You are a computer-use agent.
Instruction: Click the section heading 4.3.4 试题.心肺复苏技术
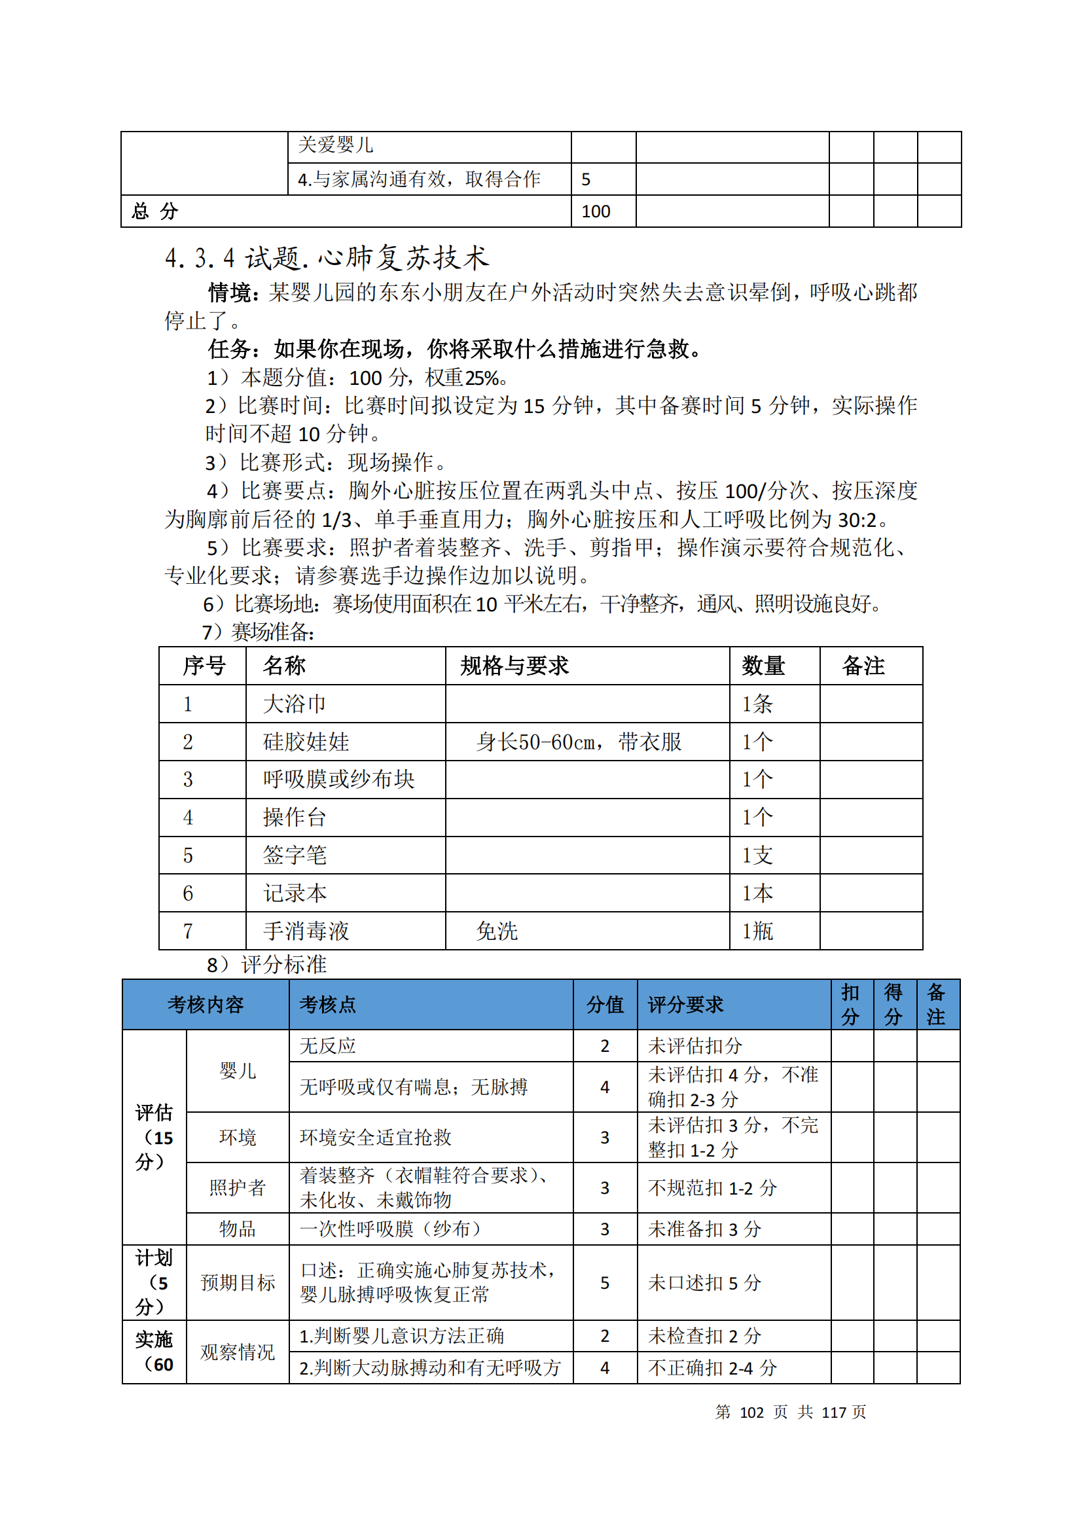pyautogui.click(x=327, y=259)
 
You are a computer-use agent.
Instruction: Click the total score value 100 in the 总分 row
pyautogui.click(x=596, y=211)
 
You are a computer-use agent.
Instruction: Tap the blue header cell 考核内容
pyautogui.click(x=206, y=1004)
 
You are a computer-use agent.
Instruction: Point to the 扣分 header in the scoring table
pyautogui.click(x=850, y=1004)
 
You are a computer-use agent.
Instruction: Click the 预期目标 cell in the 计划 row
pyautogui.click(x=238, y=1282)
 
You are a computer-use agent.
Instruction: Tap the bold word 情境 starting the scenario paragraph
pyautogui.click(x=228, y=292)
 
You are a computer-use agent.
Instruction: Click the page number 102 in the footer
pyautogui.click(x=751, y=1412)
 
